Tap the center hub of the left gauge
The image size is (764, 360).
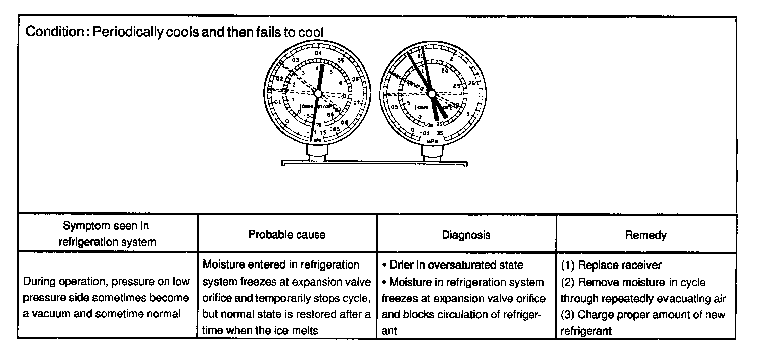pyautogui.click(x=317, y=93)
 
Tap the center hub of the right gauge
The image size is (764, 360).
pyautogui.click(x=431, y=93)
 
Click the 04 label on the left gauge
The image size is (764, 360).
pyautogui.click(x=318, y=53)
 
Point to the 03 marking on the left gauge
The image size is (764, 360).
pyautogui.click(x=296, y=61)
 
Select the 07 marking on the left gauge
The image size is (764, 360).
pyautogui.click(x=357, y=103)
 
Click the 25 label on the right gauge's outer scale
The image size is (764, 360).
pyautogui.click(x=472, y=83)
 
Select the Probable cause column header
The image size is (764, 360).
pyautogui.click(x=287, y=234)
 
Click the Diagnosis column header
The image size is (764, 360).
pyautogui.click(x=466, y=234)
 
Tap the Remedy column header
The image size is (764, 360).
pyautogui.click(x=646, y=234)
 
